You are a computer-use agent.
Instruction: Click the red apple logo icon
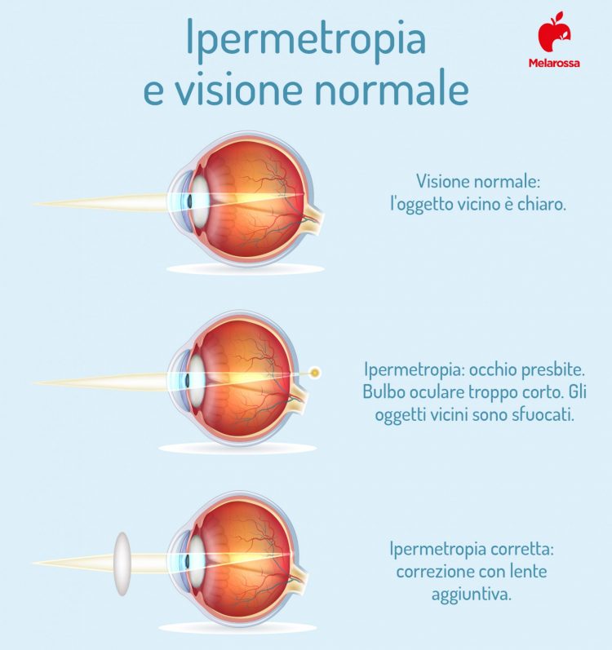coord(554,32)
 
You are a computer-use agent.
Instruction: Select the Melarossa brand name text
coord(554,63)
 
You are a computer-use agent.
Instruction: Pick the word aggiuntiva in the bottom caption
coord(472,595)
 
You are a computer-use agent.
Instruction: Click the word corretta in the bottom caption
coord(522,549)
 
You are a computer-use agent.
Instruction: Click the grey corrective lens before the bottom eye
coord(122,564)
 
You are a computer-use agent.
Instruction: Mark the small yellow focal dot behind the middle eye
coord(315,372)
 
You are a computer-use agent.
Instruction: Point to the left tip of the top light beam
coord(34,204)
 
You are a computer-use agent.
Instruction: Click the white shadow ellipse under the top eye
coord(246,269)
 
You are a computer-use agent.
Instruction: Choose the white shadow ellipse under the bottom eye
coord(237,628)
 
